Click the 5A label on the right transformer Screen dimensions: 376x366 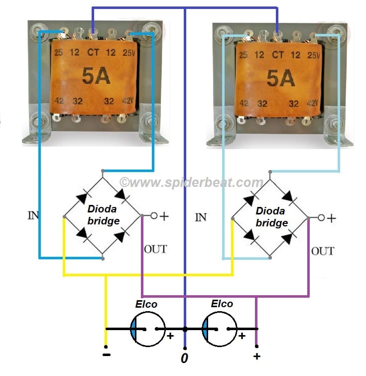coord(280,78)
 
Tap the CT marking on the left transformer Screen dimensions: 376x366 coord(93,52)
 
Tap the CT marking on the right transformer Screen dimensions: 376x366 coord(278,54)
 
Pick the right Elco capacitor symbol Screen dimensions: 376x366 coord(219,329)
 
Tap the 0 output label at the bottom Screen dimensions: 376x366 coord(184,359)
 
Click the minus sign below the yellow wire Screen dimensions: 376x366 coord(106,355)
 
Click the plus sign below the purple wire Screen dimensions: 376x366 coord(256,356)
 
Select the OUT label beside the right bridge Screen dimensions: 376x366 coord(323,250)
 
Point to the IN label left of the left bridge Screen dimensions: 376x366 coord(33,216)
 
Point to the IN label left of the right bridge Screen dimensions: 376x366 coord(201,217)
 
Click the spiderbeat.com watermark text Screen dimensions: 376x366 coord(191,183)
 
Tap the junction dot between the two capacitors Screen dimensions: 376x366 coord(185,329)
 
